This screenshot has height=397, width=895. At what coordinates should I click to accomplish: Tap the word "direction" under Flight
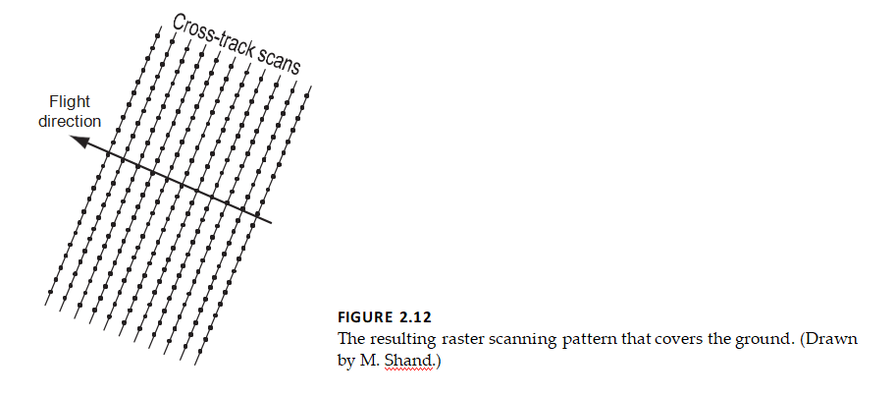click(x=70, y=121)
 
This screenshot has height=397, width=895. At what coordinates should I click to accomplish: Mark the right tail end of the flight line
click(x=270, y=223)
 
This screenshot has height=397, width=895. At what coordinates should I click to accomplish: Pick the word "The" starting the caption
click(x=350, y=339)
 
